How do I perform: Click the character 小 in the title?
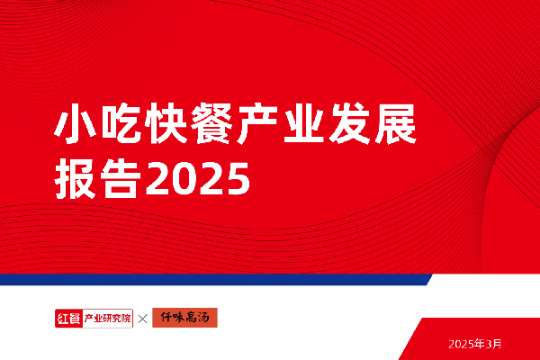[x=76, y=123]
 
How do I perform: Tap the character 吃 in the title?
[x=121, y=123]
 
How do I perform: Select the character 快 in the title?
[x=166, y=123]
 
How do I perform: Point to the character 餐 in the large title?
[x=212, y=123]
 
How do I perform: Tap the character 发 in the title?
[x=349, y=123]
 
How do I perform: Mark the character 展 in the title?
[x=395, y=123]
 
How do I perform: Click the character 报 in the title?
[x=76, y=178]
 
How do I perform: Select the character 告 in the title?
[x=121, y=178]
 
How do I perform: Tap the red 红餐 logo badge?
[x=68, y=319]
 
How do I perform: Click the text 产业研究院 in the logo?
[x=108, y=319]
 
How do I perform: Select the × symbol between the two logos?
[x=142, y=319]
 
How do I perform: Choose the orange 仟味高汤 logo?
[x=184, y=318]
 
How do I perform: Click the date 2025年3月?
[x=474, y=344]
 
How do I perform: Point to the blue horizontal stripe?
[x=216, y=279]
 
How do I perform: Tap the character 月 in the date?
[x=497, y=344]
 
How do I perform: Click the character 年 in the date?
[x=479, y=344]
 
